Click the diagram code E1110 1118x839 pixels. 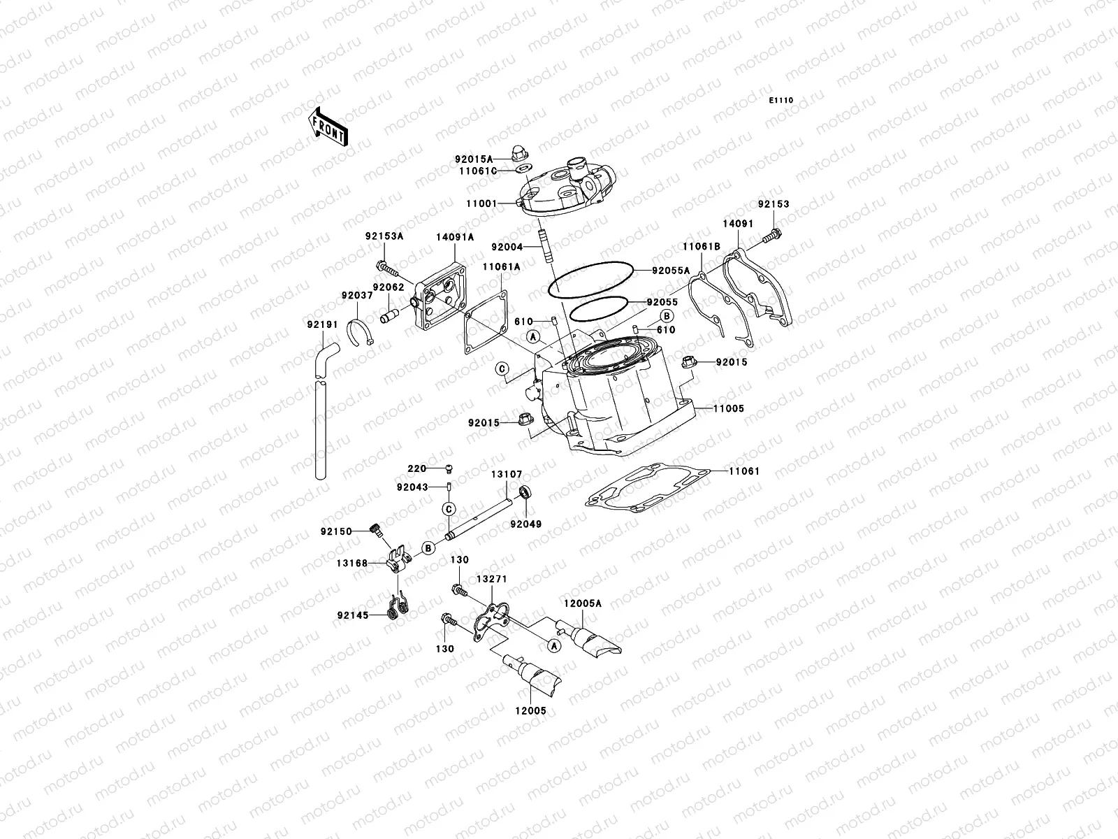[782, 101]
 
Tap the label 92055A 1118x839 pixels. [671, 271]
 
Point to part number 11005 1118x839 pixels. [729, 408]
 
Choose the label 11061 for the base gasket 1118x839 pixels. [743, 471]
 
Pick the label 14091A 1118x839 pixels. [454, 238]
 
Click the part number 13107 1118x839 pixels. [507, 474]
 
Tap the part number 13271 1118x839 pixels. [492, 580]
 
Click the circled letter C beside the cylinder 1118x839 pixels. [502, 368]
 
